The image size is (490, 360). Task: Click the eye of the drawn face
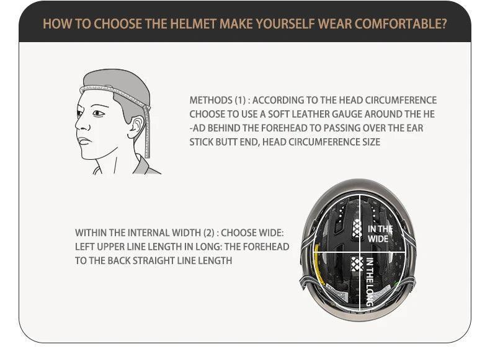pyautogui.click(x=98, y=113)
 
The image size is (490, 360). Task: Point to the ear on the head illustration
pyautogui.click(x=136, y=127)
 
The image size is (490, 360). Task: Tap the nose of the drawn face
pyautogui.click(x=81, y=125)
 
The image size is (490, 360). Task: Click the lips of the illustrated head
pyautogui.click(x=84, y=141)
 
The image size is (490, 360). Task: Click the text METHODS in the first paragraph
pyautogui.click(x=211, y=100)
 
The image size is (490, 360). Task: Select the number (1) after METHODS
pyautogui.click(x=240, y=100)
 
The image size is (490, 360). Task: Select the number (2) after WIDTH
pyautogui.click(x=209, y=233)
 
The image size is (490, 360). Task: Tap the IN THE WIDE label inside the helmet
pyautogui.click(x=380, y=234)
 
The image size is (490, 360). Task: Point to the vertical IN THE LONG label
pyautogui.click(x=370, y=282)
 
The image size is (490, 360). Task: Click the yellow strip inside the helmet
pyautogui.click(x=318, y=265)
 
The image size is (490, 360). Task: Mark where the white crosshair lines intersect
pyautogui.click(x=360, y=252)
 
